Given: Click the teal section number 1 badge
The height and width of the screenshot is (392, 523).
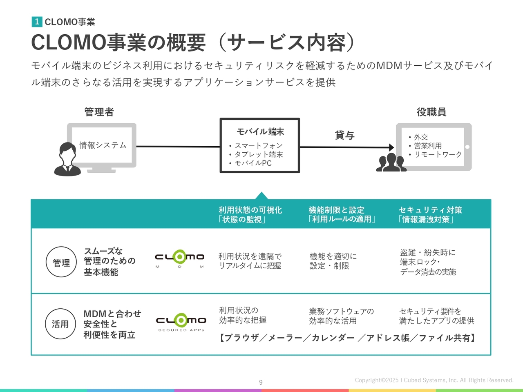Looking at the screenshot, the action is (x=37, y=22).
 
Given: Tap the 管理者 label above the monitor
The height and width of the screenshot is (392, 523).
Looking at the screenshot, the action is (x=99, y=112).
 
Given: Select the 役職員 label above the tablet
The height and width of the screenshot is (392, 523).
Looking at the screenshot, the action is (x=431, y=112).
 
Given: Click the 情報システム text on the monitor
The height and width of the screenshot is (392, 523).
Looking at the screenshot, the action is (x=103, y=145).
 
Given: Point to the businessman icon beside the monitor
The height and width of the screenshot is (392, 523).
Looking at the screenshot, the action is (x=67, y=159).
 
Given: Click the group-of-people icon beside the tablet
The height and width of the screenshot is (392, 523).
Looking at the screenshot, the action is (x=391, y=163).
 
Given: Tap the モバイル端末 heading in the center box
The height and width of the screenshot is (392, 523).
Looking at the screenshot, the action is (x=260, y=131).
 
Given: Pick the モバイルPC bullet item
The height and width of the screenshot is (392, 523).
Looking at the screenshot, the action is (x=250, y=163).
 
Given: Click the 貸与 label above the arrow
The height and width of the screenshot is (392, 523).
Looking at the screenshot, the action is (x=345, y=135).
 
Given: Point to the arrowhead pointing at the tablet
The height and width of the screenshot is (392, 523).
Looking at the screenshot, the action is (x=391, y=147).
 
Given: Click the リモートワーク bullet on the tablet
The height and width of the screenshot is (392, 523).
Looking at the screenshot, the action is (x=435, y=154).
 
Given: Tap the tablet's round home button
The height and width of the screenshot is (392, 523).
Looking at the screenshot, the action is (x=467, y=147).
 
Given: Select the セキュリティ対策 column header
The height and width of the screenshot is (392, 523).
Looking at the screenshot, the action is (x=430, y=210).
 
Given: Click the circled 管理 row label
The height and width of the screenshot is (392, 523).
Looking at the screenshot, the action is (x=61, y=262).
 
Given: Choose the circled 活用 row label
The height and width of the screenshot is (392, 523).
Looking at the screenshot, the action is (x=60, y=324).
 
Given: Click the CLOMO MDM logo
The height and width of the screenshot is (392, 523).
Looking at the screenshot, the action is (x=179, y=259).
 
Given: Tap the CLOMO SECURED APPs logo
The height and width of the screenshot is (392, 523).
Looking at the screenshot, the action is (x=181, y=322).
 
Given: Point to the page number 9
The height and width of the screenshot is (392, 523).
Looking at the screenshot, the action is (x=261, y=383).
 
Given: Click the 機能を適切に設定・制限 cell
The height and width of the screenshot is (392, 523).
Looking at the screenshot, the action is (x=333, y=261).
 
